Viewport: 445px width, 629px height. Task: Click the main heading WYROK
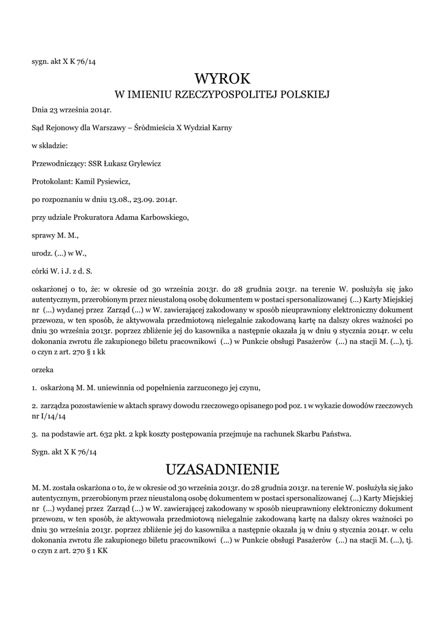coord(223,78)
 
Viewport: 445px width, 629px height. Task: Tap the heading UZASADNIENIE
coord(223,470)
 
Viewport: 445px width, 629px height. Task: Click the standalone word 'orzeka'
coord(42,370)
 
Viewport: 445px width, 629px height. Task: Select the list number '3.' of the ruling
coord(34,434)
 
